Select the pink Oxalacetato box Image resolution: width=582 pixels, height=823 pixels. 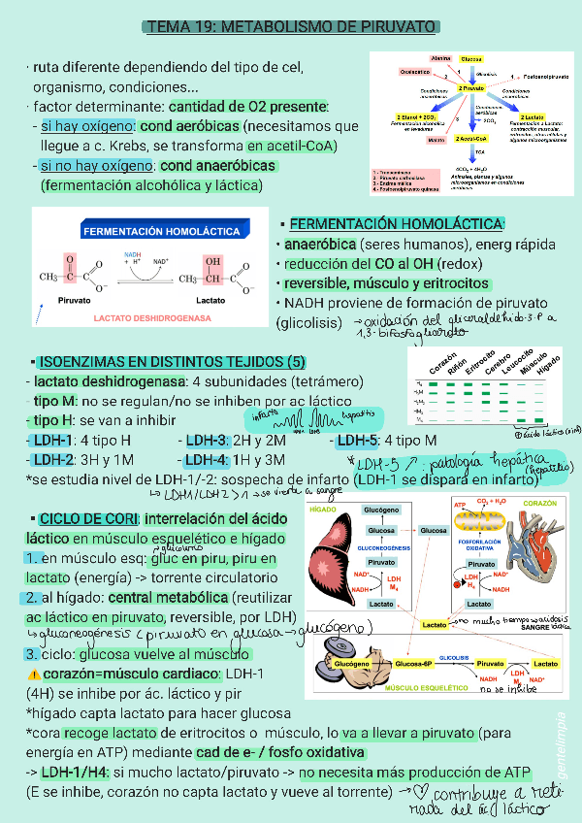[415, 73]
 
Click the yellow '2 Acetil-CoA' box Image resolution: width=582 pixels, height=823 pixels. [471, 139]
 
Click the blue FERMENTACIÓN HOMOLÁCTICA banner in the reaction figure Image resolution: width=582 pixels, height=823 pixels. [161, 232]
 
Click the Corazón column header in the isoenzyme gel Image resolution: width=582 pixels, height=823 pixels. [442, 367]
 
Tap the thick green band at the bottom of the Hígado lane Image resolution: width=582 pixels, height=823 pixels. [549, 419]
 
